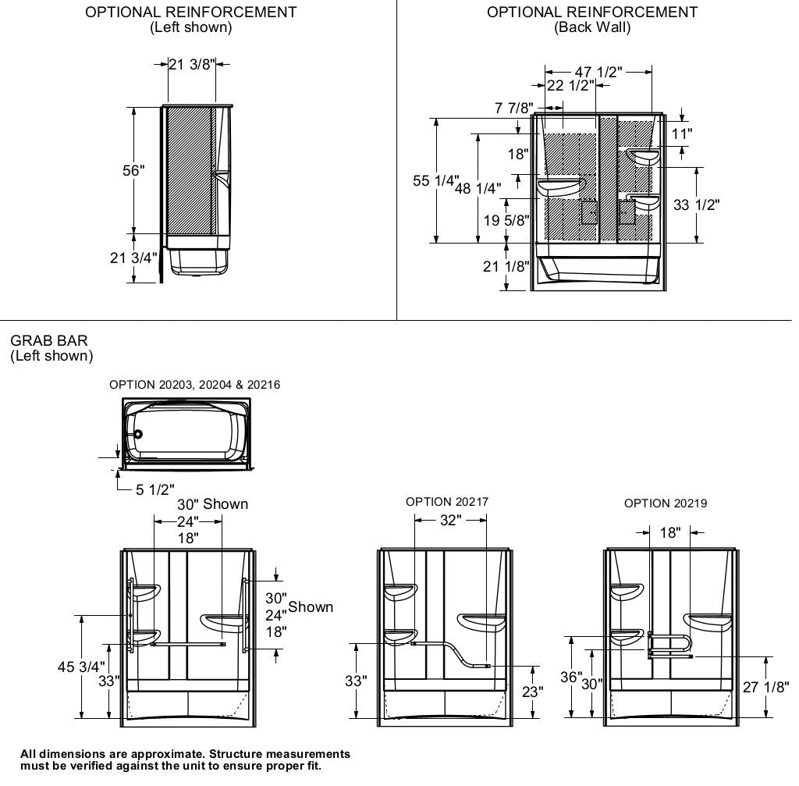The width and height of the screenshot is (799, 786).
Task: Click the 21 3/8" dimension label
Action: click(191, 65)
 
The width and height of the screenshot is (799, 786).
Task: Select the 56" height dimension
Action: click(133, 170)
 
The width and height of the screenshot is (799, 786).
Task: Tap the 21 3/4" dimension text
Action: click(133, 258)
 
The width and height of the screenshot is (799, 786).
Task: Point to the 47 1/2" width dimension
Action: click(598, 72)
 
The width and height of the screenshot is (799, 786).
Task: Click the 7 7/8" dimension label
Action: click(514, 108)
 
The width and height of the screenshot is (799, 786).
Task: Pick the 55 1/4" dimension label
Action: click(435, 181)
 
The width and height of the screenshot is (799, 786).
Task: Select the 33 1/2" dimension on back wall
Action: click(696, 205)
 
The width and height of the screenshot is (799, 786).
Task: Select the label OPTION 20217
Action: click(447, 502)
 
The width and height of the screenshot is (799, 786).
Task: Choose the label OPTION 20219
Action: click(666, 503)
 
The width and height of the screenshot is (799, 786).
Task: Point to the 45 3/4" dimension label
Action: click(81, 667)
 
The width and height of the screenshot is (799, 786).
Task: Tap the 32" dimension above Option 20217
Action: click(450, 521)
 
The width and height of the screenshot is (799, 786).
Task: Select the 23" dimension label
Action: click(533, 692)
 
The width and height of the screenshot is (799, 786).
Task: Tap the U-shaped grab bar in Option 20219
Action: click(671, 645)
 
